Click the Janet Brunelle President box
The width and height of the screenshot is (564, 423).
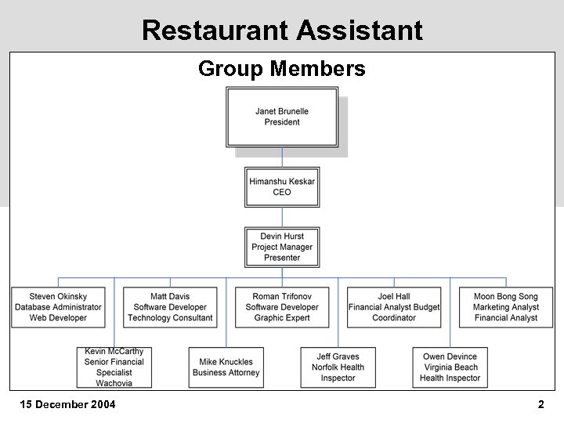tap(282, 117)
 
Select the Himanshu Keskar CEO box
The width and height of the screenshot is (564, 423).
tap(282, 187)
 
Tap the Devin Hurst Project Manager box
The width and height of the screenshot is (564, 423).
tap(282, 247)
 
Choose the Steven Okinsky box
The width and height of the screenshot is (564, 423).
tap(58, 307)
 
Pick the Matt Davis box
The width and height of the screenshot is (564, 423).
tap(170, 307)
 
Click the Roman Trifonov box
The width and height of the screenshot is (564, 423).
tap(282, 307)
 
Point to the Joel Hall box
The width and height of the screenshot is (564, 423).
tap(394, 307)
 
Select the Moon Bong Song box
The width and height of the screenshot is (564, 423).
tap(506, 307)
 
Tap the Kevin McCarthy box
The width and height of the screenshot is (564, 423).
tap(114, 367)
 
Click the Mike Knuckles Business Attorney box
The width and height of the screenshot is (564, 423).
tap(226, 367)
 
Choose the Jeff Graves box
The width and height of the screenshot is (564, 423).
tap(338, 367)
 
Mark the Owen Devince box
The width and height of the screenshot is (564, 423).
tap(450, 367)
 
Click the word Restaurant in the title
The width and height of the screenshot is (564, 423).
tap(215, 31)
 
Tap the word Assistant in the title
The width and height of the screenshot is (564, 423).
tap(360, 31)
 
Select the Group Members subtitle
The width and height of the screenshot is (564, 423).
tap(282, 69)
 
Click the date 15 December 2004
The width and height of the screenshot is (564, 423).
tap(67, 405)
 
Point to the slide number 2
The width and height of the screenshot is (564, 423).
tap(540, 405)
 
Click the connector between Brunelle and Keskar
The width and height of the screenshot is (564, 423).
tap(282, 157)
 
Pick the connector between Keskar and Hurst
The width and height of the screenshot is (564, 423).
tap(282, 217)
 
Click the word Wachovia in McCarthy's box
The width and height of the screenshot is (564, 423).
tap(114, 383)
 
